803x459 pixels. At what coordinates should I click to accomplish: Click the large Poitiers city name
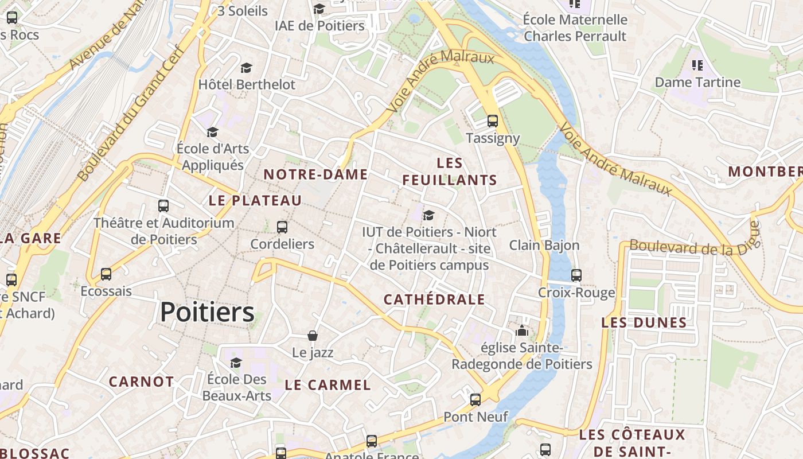pyautogui.click(x=207, y=313)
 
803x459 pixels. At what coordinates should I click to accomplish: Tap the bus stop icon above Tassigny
pyautogui.click(x=492, y=121)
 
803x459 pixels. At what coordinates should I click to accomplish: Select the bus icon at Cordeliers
pyautogui.click(x=282, y=227)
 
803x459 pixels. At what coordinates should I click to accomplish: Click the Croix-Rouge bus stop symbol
pyautogui.click(x=576, y=275)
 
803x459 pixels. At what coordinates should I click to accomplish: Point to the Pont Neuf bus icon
pyautogui.click(x=475, y=400)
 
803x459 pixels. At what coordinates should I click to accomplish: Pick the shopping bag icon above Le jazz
pyautogui.click(x=313, y=336)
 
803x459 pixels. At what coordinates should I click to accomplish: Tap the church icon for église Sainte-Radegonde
pyautogui.click(x=521, y=330)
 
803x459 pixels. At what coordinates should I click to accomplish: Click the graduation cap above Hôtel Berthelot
pyautogui.click(x=246, y=68)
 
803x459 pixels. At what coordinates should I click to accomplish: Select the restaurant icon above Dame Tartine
pyautogui.click(x=697, y=65)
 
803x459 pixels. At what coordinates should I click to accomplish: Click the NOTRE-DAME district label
pyautogui.click(x=315, y=174)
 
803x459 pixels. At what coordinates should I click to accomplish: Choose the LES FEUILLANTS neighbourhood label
pyautogui.click(x=450, y=172)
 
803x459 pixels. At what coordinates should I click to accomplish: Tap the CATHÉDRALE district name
pyautogui.click(x=434, y=299)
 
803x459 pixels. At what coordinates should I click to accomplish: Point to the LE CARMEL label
pyautogui.click(x=328, y=385)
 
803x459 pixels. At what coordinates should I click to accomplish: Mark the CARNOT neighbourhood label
pyautogui.click(x=141, y=382)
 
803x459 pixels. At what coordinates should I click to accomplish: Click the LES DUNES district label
pyautogui.click(x=644, y=322)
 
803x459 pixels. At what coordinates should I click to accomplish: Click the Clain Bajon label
pyautogui.click(x=544, y=246)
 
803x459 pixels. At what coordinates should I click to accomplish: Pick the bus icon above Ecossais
pyautogui.click(x=106, y=274)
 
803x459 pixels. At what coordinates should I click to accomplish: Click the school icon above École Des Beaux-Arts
pyautogui.click(x=236, y=363)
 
